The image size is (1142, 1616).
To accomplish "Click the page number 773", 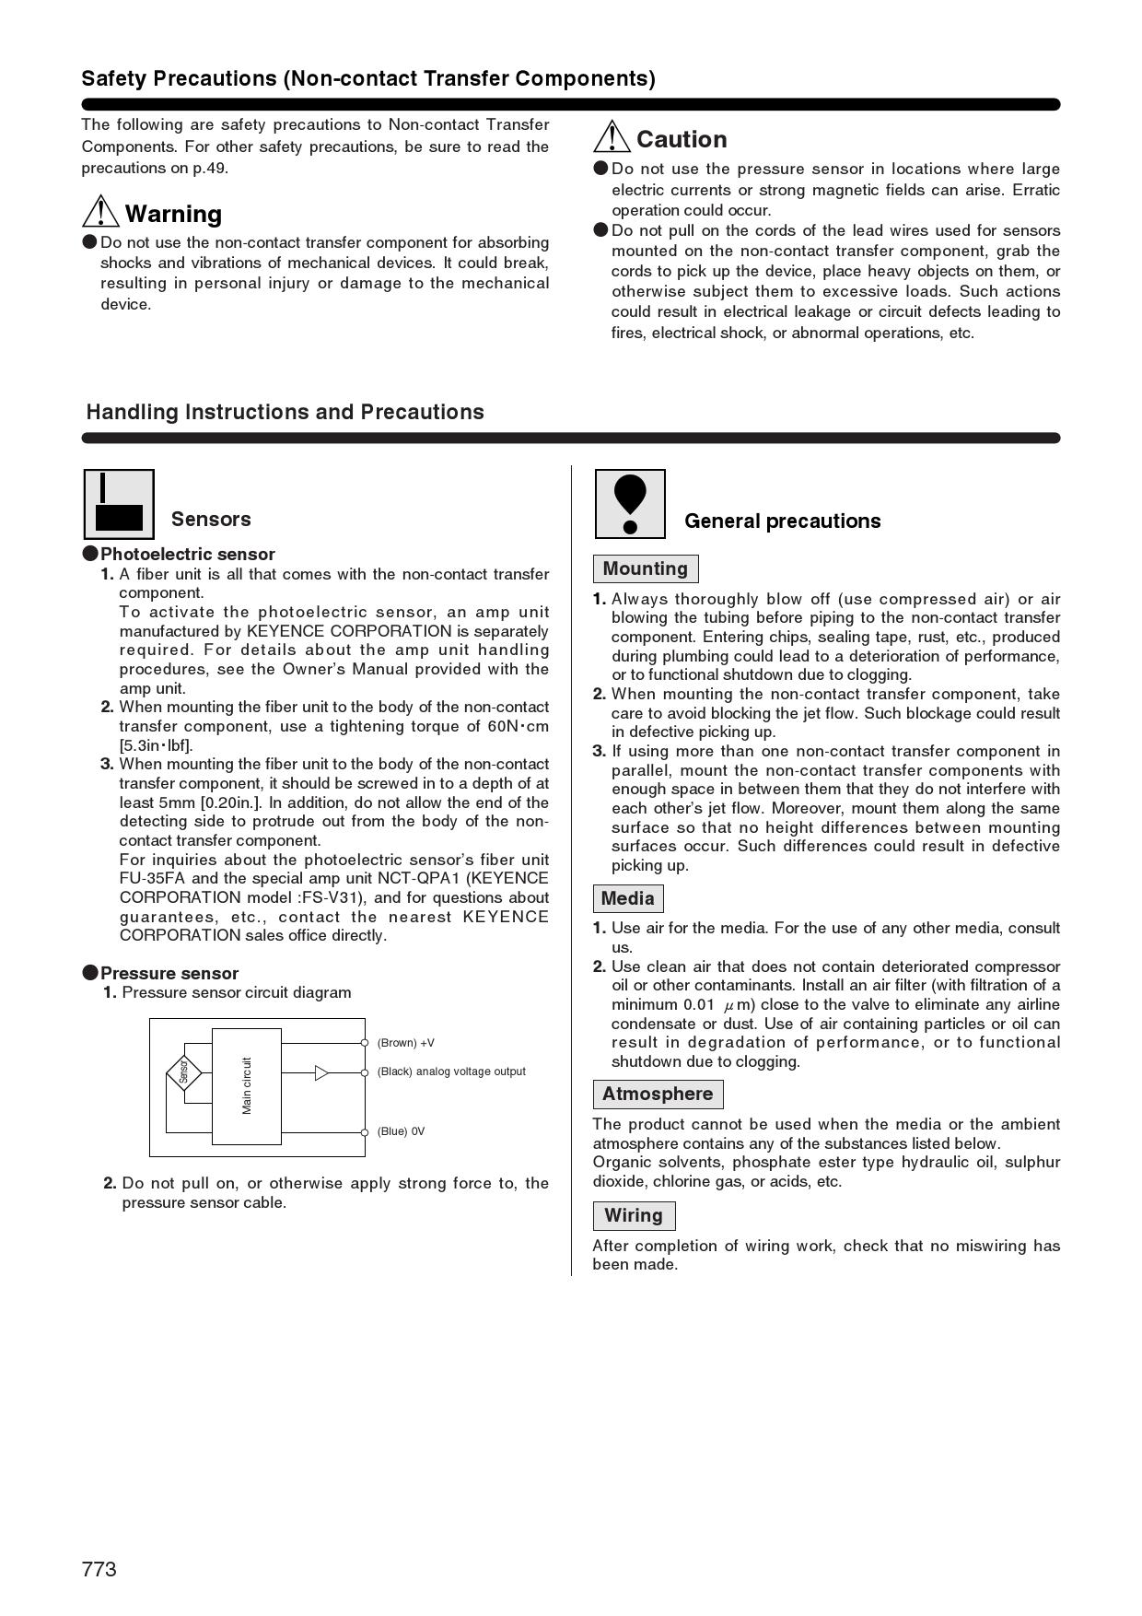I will [x=99, y=1569].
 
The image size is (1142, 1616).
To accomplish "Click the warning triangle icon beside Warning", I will [x=100, y=212].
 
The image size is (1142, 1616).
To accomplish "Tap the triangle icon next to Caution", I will [x=612, y=137].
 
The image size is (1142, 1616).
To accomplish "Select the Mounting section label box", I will [x=646, y=568].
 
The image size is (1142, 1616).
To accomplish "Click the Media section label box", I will [x=628, y=898].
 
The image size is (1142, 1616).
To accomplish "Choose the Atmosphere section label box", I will [x=658, y=1094].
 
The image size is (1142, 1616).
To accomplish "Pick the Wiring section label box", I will [x=634, y=1215].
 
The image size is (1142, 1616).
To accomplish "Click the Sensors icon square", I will [x=119, y=504].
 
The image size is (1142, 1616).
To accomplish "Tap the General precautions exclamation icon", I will [x=630, y=504].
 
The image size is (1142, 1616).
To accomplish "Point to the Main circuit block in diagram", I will [x=247, y=1086].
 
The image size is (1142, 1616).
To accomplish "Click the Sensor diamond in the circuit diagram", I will [x=184, y=1072].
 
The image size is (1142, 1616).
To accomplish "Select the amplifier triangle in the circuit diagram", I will [x=321, y=1072].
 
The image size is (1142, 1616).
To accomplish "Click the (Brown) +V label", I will [x=405, y=1043].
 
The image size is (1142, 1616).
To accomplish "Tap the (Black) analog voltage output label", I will [x=451, y=1071].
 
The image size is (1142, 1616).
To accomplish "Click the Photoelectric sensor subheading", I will [x=187, y=554].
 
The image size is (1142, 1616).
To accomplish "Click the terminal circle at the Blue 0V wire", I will [x=365, y=1132].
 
